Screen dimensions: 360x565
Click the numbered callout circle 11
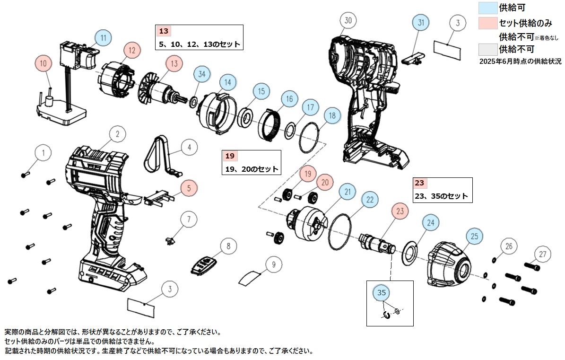[x=103, y=37]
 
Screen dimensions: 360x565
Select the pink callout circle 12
[x=132, y=49]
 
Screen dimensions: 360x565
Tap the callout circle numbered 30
[x=348, y=20]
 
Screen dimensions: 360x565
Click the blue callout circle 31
[x=421, y=22]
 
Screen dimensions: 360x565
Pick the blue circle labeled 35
[x=382, y=292]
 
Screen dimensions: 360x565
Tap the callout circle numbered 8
[x=228, y=246]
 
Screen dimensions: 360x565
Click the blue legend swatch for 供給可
[x=487, y=7]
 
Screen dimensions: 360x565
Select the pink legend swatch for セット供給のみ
[x=487, y=23]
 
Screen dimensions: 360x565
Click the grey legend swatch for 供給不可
[x=487, y=49]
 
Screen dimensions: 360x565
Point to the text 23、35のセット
[x=441, y=196]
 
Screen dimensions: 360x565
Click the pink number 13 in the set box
[x=164, y=31]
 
